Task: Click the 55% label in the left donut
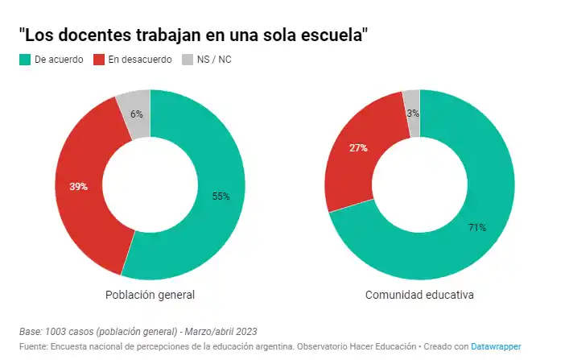click(x=221, y=196)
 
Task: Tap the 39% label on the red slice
click(x=78, y=186)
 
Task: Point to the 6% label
click(x=136, y=114)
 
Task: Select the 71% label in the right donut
click(x=476, y=227)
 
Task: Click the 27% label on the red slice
click(x=358, y=147)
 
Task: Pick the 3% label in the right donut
click(x=413, y=113)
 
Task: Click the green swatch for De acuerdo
click(x=25, y=60)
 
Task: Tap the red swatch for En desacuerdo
click(x=100, y=60)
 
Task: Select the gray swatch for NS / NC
click(x=188, y=60)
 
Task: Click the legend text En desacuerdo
click(x=139, y=60)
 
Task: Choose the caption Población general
click(x=150, y=295)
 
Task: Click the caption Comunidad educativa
click(x=419, y=295)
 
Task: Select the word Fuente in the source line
click(x=33, y=346)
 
